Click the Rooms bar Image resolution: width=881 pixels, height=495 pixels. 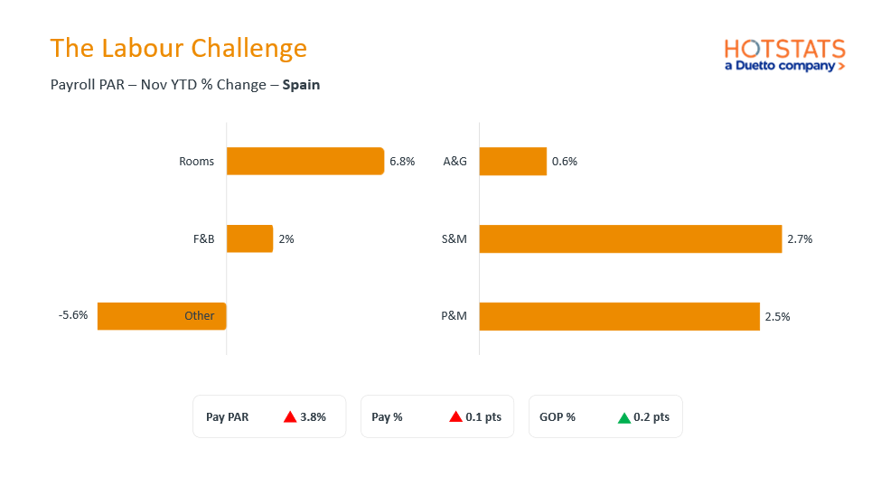305,161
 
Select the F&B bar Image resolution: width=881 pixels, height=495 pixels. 249,238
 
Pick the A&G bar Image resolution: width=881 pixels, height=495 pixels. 512,161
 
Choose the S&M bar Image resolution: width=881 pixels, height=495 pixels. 630,238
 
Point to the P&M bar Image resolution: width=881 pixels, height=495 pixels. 619,316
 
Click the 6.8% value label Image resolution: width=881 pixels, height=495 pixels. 402,162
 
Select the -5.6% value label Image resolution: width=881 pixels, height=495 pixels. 73,315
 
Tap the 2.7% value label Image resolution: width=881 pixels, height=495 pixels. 800,239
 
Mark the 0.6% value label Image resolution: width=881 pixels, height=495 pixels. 565,162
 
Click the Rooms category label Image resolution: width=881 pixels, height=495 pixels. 197,162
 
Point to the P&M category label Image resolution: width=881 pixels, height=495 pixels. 454,316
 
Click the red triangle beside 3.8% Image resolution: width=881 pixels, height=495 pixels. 290,416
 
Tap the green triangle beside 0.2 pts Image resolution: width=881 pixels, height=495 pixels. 624,417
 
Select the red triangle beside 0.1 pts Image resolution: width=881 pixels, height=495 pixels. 456,416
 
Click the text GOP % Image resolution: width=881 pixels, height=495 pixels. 557,417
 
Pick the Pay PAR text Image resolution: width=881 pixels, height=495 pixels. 227,417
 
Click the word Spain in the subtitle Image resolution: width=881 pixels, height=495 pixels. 301,85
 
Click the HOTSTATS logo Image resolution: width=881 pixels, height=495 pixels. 784,54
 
